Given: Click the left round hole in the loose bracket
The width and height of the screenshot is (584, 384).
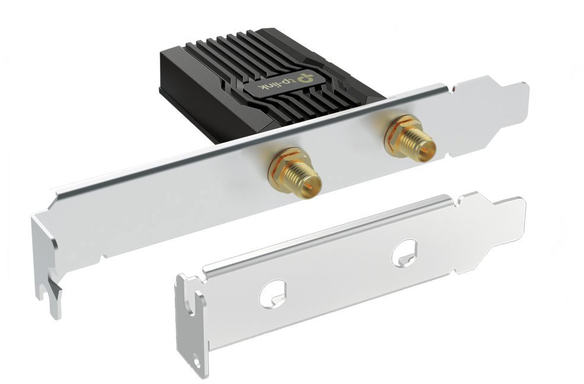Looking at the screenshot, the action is [x=272, y=294].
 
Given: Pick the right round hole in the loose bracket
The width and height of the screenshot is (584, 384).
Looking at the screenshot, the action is [x=405, y=252].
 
